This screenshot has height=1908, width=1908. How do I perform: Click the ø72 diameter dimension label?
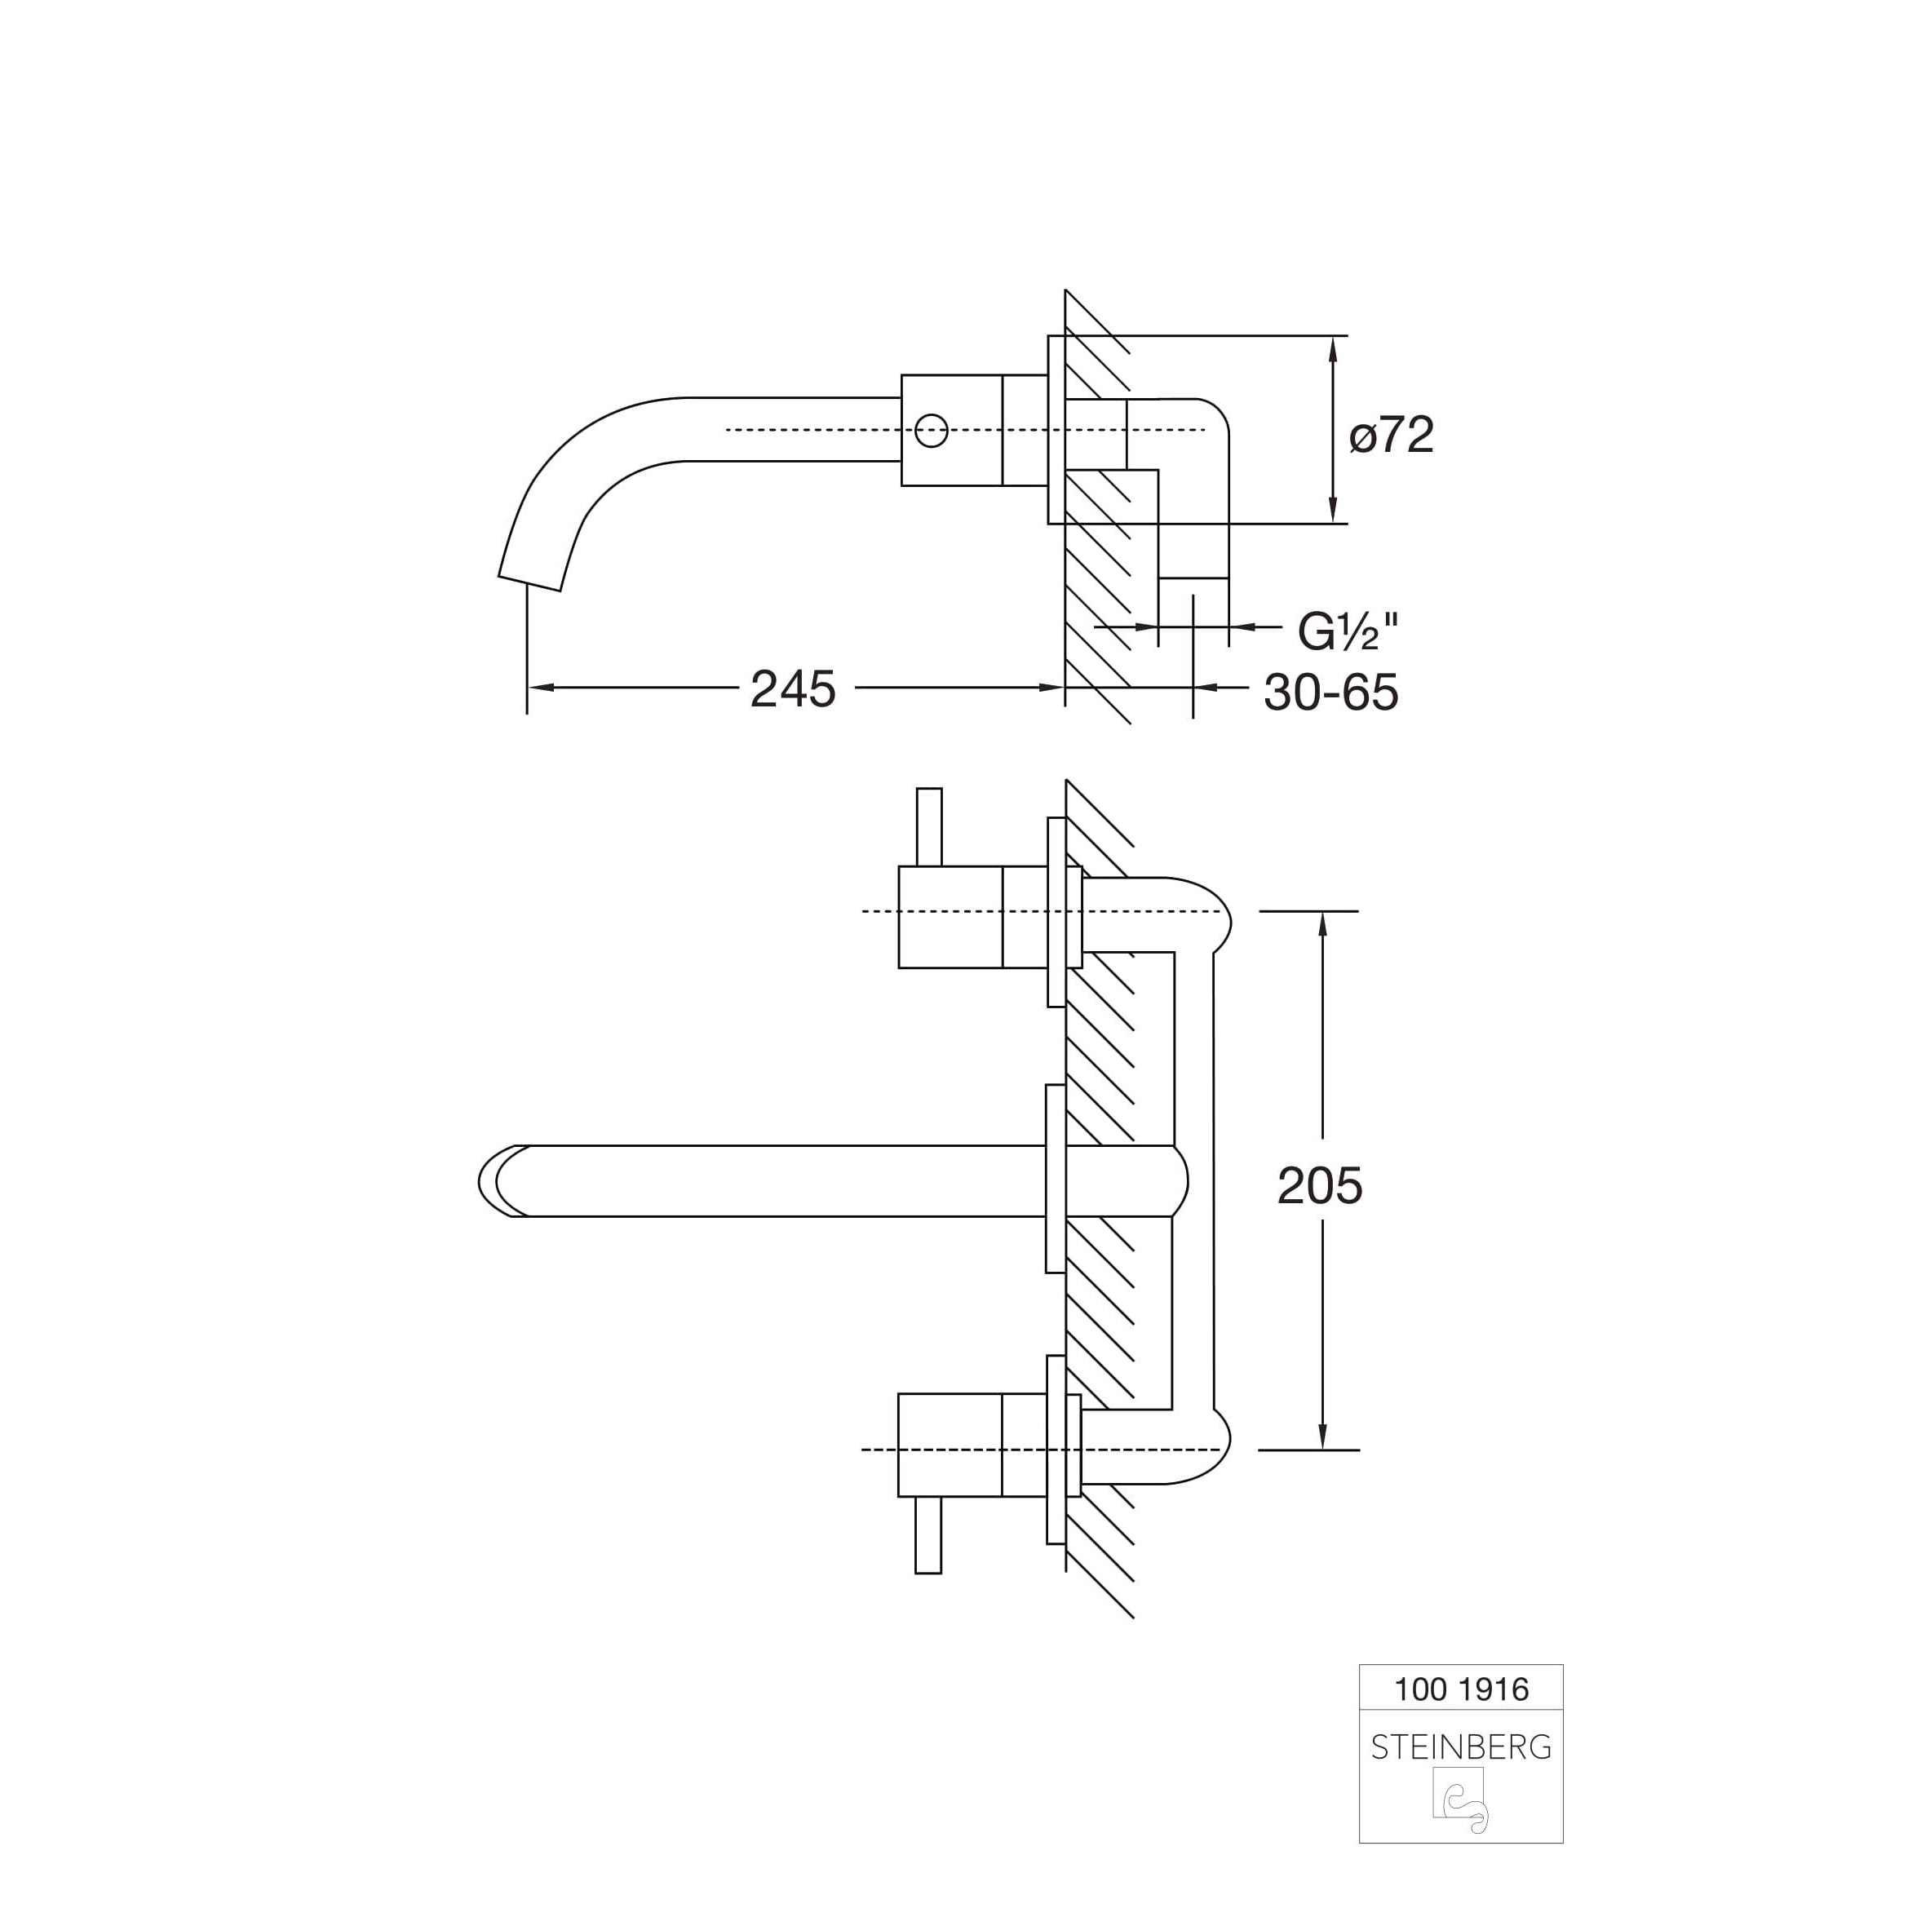1392,435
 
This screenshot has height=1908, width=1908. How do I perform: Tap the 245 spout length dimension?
793,688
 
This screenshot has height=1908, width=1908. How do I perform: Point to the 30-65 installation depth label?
1331,693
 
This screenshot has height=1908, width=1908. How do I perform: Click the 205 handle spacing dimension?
1319,1185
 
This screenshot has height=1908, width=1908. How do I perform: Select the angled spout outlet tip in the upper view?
529,582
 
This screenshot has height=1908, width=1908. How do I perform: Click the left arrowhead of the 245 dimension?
540,688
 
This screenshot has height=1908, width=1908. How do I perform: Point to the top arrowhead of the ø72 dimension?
1333,348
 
